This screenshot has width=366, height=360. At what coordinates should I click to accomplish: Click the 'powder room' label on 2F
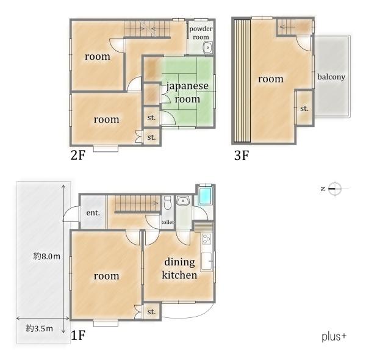click(x=201, y=33)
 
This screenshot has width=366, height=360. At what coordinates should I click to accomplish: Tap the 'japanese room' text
click(x=187, y=93)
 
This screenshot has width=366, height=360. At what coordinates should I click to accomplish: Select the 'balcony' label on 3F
click(x=331, y=77)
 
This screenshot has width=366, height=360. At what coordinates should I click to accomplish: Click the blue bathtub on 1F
click(x=205, y=195)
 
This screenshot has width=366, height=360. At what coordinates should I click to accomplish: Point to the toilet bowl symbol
click(x=167, y=203)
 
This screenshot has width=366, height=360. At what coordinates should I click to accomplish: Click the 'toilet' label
click(x=168, y=222)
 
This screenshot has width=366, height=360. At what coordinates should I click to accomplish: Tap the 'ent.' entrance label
click(x=93, y=213)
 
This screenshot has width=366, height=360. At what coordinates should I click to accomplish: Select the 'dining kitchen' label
click(x=179, y=268)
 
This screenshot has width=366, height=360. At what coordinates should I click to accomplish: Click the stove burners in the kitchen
click(x=207, y=239)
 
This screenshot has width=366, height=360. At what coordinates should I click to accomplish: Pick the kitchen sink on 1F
click(x=207, y=261)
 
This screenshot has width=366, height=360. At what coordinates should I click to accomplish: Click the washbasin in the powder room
click(x=207, y=48)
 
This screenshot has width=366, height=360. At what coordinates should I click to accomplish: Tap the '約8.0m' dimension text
click(x=47, y=256)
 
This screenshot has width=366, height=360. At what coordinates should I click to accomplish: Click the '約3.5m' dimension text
click(x=39, y=329)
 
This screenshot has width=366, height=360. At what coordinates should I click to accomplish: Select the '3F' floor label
click(x=242, y=156)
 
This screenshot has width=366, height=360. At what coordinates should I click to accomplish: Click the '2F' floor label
click(x=78, y=155)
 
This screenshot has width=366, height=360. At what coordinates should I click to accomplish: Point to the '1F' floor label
click(x=78, y=336)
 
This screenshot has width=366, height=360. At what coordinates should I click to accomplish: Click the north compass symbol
click(x=335, y=189)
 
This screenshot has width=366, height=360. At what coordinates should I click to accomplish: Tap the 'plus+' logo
click(x=334, y=337)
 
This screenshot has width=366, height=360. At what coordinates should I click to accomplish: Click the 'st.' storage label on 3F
click(x=304, y=109)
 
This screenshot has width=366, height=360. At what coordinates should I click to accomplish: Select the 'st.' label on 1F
click(x=151, y=312)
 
